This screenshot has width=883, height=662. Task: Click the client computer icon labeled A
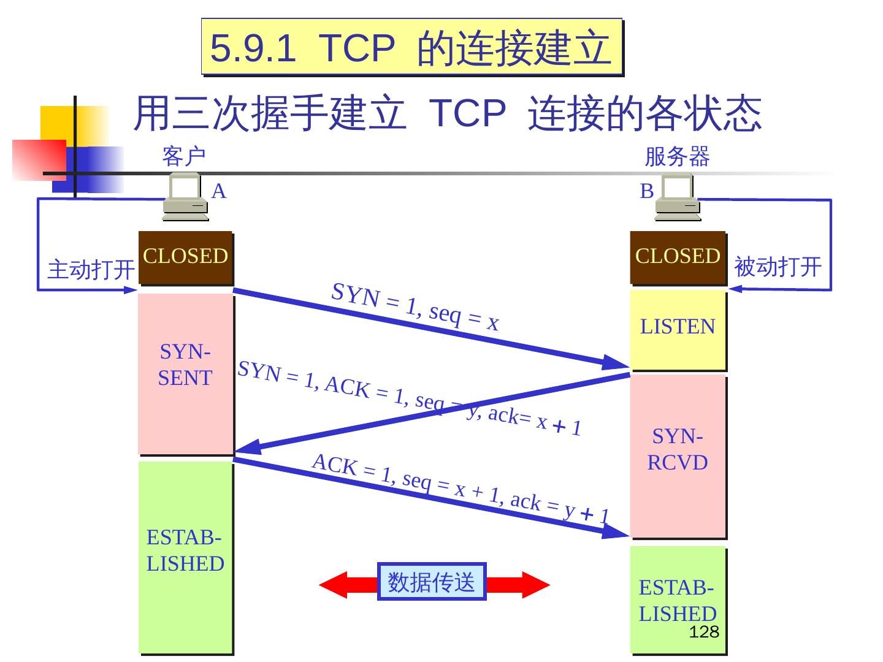pyautogui.click(x=185, y=197)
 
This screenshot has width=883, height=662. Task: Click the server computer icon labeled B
pyautogui.click(x=677, y=197)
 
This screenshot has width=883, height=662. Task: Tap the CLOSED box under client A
pyautogui.click(x=185, y=257)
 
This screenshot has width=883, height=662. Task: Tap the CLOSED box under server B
pyautogui.click(x=678, y=257)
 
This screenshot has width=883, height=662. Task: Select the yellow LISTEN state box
pyautogui.click(x=678, y=330)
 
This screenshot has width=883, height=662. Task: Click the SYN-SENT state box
pyautogui.click(x=185, y=374)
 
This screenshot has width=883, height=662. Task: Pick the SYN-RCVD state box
pyautogui.click(x=678, y=457)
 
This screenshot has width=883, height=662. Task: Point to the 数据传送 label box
pyautogui.click(x=431, y=581)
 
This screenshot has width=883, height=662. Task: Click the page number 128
pyautogui.click(x=703, y=633)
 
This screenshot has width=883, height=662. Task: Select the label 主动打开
pyautogui.click(x=91, y=269)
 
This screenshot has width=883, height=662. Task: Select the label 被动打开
pyautogui.click(x=778, y=267)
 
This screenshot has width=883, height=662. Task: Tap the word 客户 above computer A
pyautogui.click(x=183, y=157)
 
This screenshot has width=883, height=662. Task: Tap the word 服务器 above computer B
pyautogui.click(x=677, y=157)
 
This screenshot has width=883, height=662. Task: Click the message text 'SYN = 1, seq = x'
pyautogui.click(x=415, y=306)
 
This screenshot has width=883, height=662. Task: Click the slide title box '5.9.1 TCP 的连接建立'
pyautogui.click(x=412, y=47)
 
